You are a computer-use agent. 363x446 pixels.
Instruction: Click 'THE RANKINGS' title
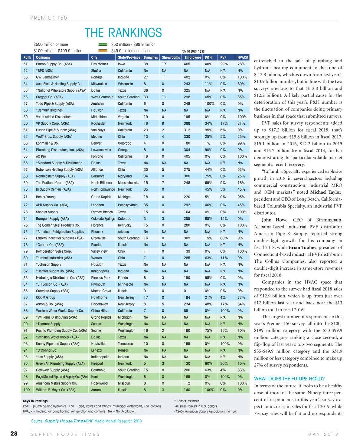123,33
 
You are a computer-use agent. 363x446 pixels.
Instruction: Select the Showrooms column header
171,57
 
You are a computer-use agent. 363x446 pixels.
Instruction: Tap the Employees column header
193,57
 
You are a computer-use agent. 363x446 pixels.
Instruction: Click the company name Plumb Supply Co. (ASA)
54,64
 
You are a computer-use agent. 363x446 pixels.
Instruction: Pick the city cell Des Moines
100,64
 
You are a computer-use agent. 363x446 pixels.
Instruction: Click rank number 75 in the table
25,225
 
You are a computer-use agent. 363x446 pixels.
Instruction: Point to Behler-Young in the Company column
46,197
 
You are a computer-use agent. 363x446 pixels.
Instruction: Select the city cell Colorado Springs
103,218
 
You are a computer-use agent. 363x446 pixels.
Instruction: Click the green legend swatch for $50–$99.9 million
103,44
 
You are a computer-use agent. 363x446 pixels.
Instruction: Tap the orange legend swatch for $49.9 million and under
103,51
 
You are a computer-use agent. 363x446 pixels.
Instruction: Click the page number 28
14,434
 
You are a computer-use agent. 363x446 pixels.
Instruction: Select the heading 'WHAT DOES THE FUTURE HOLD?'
289,379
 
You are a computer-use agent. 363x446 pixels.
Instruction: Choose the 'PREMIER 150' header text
49,18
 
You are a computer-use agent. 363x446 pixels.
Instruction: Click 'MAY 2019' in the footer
322,434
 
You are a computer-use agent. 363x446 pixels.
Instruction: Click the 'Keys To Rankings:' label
36,401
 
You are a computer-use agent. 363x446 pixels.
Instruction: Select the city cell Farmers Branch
102,212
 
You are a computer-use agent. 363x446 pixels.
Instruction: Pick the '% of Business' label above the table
193,51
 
